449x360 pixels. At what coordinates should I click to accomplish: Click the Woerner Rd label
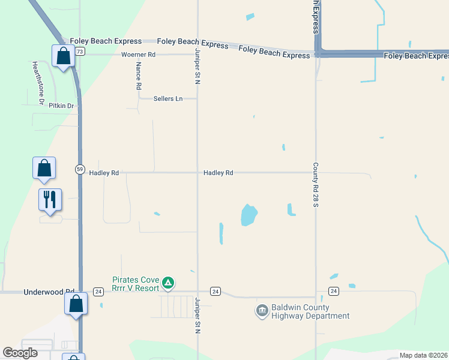pyautogui.click(x=138, y=55)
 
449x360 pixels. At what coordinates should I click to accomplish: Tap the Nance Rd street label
pyautogui.click(x=138, y=76)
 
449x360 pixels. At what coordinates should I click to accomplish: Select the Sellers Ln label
pyautogui.click(x=167, y=98)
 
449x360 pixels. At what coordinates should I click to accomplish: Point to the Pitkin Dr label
pyautogui.click(x=61, y=106)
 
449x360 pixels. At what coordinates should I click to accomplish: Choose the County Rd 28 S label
pyautogui.click(x=315, y=184)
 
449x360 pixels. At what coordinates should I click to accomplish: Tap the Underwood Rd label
pyautogui.click(x=48, y=292)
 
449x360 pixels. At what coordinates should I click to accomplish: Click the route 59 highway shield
pyautogui.click(x=80, y=169)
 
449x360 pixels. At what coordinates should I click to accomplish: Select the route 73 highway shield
pyautogui.click(x=80, y=52)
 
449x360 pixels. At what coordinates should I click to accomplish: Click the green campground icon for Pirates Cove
pyautogui.click(x=169, y=282)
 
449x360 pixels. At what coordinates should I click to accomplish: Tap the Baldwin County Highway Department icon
pyautogui.click(x=262, y=310)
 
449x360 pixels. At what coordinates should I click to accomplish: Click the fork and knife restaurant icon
pyautogui.click(x=49, y=199)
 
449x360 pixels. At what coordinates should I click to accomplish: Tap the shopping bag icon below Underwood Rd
pyautogui.click(x=76, y=304)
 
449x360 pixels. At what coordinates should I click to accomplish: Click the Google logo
pyautogui.click(x=20, y=353)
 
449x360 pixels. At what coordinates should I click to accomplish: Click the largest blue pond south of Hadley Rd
pyautogui.click(x=249, y=215)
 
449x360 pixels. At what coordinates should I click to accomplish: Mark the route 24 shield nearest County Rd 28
pyautogui.click(x=334, y=291)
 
